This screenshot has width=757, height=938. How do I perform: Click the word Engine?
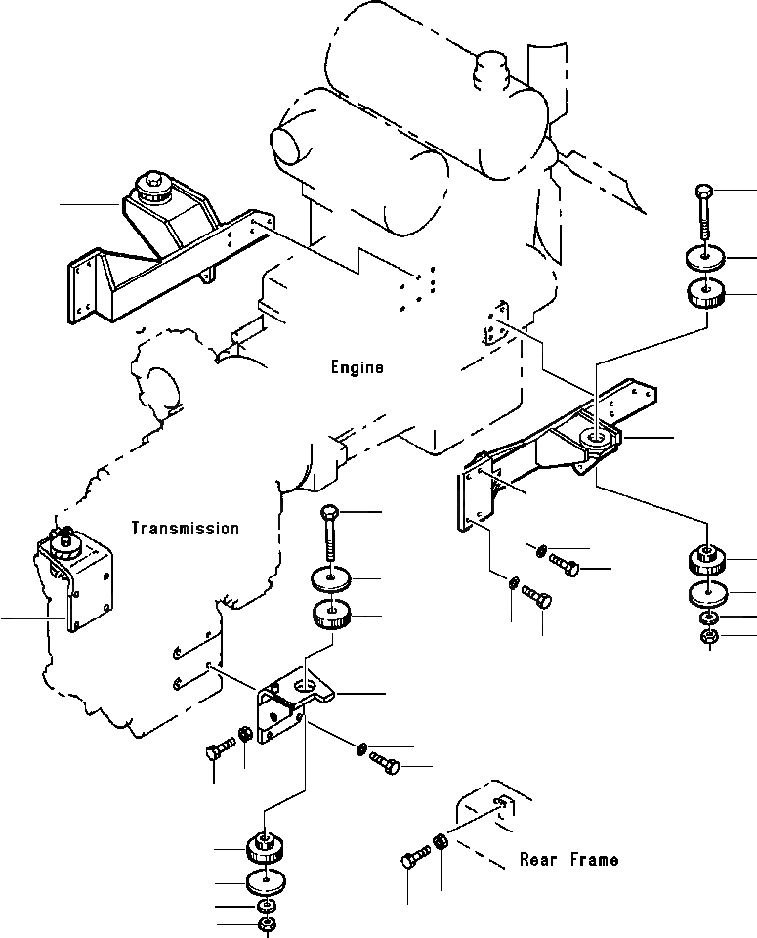[357, 367]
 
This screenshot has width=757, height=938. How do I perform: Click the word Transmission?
[186, 529]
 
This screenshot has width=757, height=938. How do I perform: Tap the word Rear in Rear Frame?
[538, 860]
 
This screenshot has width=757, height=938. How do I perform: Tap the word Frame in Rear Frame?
[594, 860]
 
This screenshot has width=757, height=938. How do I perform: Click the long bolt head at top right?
[703, 192]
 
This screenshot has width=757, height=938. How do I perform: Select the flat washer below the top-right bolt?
[705, 258]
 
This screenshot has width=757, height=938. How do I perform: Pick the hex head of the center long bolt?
[330, 513]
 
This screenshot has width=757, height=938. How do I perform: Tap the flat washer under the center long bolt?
[331, 578]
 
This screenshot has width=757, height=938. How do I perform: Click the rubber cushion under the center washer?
[331, 615]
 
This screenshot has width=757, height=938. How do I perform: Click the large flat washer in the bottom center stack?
[266, 882]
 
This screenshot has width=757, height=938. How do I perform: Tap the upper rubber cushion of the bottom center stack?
[265, 848]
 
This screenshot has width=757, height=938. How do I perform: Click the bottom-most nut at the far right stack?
[708, 637]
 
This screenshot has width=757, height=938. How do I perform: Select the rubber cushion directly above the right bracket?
[706, 294]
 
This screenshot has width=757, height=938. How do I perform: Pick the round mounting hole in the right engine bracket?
[596, 439]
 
